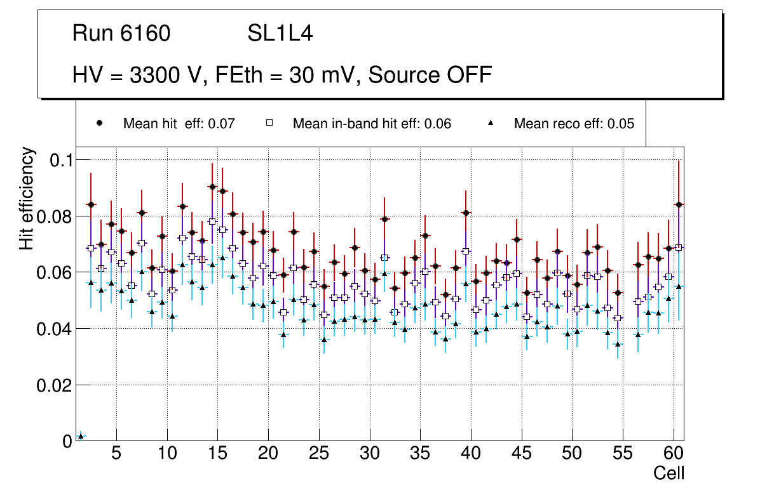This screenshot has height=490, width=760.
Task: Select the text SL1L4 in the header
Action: (280, 34)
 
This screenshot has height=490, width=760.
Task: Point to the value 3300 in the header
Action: (155, 75)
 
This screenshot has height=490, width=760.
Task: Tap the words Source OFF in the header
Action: (430, 75)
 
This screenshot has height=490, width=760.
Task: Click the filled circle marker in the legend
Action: (100, 123)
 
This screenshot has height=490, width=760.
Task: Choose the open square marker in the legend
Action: (269, 123)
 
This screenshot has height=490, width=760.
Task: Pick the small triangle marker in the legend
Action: (491, 123)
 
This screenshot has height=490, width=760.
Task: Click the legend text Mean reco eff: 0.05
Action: (574, 124)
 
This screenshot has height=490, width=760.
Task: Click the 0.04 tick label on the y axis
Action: (57, 329)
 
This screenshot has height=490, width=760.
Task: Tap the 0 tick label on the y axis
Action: (66, 441)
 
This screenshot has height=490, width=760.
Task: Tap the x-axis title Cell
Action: (668, 473)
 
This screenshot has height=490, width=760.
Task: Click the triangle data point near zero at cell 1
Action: (81, 436)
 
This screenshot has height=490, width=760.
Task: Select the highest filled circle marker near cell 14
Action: (212, 187)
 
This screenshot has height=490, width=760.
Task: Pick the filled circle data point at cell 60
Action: (679, 204)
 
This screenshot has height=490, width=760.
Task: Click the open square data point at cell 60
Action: (679, 248)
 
